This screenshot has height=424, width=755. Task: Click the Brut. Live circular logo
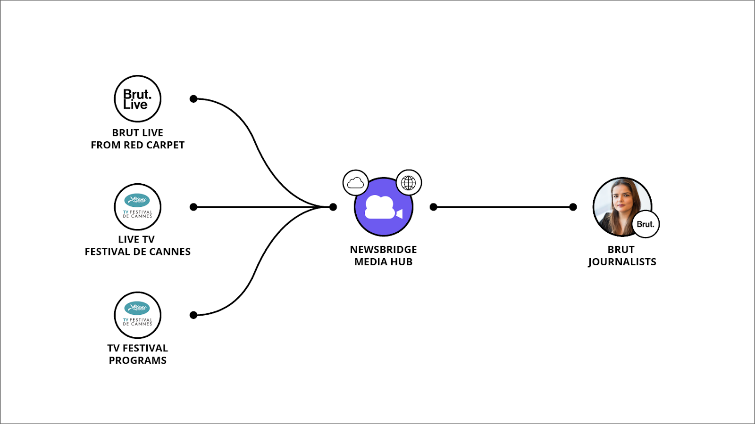(138, 99)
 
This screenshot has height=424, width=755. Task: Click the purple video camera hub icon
(383, 207)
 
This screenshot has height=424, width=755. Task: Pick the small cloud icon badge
(355, 183)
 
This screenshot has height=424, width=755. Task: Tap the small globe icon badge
(409, 183)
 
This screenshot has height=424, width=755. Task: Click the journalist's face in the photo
(622, 200)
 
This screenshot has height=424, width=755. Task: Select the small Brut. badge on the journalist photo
(646, 224)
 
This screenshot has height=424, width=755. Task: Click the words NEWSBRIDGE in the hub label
(383, 250)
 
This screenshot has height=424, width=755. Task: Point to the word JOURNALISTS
(622, 262)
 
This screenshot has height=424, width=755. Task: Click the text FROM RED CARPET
(138, 145)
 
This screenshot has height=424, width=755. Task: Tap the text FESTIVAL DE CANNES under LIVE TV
(138, 252)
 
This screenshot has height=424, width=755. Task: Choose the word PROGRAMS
(138, 360)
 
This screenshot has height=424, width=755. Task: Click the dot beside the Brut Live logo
(193, 99)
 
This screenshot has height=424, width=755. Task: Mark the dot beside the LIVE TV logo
(193, 207)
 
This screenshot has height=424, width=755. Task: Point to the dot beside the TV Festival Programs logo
(193, 315)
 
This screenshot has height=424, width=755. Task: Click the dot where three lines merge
(333, 207)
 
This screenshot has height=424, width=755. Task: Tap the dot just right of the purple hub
(434, 207)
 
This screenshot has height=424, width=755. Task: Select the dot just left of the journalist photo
(573, 207)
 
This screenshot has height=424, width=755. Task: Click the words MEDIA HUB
(383, 262)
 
